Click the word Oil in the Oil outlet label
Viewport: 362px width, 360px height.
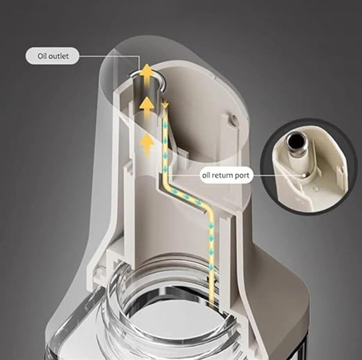[x=42, y=56]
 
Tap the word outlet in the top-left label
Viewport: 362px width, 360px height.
[x=59, y=56]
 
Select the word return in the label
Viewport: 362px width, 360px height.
[x=222, y=175]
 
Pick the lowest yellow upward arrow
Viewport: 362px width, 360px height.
[x=147, y=144]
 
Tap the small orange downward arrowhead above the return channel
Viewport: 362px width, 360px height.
[x=165, y=105]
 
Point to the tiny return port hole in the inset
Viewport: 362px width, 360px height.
[x=304, y=175]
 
